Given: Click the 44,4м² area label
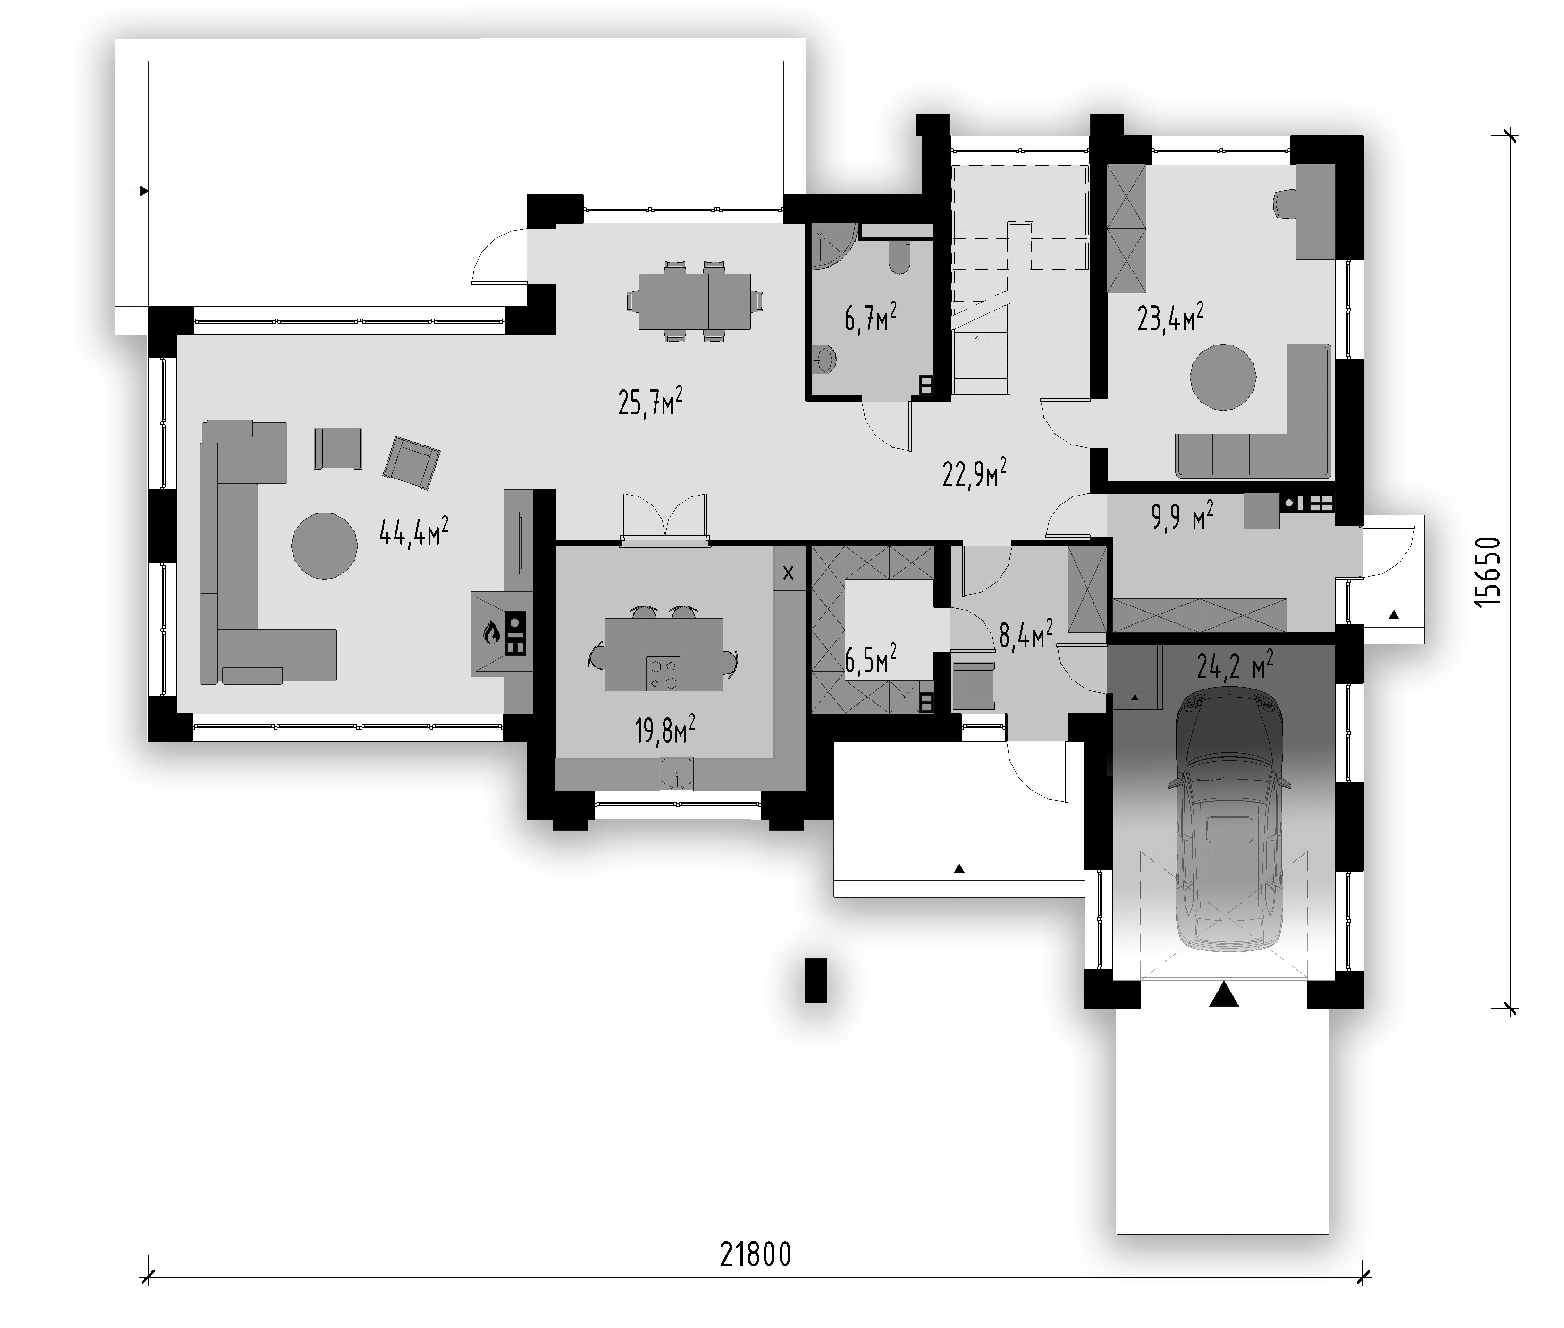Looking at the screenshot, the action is (x=414, y=531).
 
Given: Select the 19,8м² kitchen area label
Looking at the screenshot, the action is (x=664, y=730).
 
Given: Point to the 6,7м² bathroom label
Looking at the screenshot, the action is (x=871, y=317).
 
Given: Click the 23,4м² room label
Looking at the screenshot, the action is (x=1169, y=317).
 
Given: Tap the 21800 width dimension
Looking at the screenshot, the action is (x=755, y=1254).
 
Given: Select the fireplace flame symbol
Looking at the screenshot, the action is (x=491, y=632).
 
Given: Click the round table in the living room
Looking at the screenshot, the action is (x=324, y=546).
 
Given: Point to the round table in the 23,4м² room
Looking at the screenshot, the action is (x=1223, y=377).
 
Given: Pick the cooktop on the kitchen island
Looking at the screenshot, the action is (x=662, y=673).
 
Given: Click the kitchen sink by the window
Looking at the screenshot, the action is (x=677, y=774).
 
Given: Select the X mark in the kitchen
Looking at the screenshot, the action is (x=788, y=573).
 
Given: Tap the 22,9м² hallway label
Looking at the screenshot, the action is (x=975, y=473).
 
